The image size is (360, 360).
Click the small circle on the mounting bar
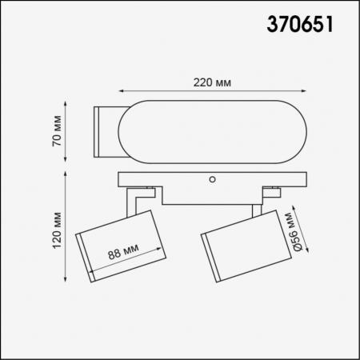coord(213,179)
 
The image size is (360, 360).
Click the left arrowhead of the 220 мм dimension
coord(122,91)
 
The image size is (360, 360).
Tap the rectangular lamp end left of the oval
coord(106,130)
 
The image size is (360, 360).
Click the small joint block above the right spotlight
coord(274,192)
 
